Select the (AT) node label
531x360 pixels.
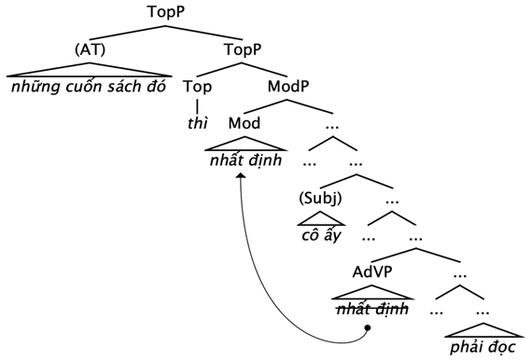pos(90,48)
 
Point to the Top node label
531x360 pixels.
pos(198,87)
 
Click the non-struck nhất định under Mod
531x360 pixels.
pos(244,160)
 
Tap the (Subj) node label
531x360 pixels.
pos(320,199)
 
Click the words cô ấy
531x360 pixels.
pos(320,235)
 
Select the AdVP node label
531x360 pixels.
pos(370,273)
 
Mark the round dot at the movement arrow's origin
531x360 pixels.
pos(369,327)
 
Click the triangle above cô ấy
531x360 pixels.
pos(320,219)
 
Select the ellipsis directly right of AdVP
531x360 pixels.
pos(459,273)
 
